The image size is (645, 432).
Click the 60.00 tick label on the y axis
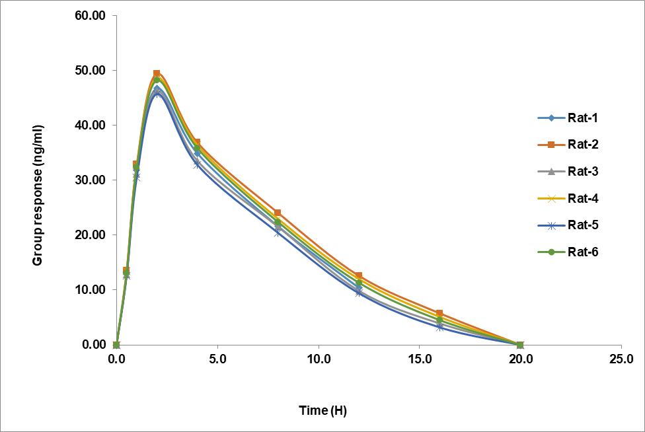coord(90,16)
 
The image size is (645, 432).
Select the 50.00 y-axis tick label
coord(90,71)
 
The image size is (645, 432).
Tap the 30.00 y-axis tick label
coord(90,180)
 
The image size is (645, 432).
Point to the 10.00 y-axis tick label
coord(90,290)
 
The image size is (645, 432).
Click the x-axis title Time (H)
coord(322,411)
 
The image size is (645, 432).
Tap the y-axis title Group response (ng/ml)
coord(38,195)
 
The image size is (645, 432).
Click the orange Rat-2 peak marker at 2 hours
coord(157,73)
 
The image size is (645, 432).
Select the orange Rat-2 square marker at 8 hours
coord(278,213)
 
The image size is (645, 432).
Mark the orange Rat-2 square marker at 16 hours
coord(439,313)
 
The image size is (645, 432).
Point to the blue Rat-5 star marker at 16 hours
coord(439,327)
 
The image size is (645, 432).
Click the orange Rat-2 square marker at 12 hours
coord(359,275)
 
